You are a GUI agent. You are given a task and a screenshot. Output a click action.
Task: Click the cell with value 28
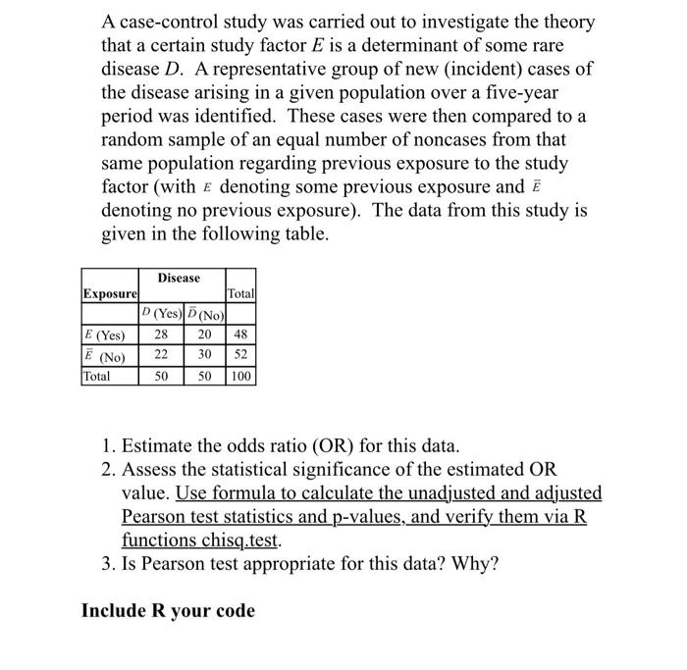point(162,335)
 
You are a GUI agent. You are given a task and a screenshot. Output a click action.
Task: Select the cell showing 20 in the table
point(204,335)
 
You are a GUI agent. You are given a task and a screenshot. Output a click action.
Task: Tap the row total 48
point(241,335)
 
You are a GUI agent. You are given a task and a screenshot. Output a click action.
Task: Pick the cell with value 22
point(162,355)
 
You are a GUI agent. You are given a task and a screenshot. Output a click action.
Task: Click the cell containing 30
point(204,355)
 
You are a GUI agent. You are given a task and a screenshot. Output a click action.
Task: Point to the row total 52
point(241,355)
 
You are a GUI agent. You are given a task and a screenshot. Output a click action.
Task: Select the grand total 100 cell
point(241,376)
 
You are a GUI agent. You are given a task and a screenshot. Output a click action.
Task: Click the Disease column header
point(178,279)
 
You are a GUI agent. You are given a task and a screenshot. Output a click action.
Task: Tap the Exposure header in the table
point(110,293)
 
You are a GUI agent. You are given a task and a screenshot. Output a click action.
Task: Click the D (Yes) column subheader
point(161,315)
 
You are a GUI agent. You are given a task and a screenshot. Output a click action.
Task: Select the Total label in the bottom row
point(97,376)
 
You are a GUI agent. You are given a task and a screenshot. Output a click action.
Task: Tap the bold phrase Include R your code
point(168,611)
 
